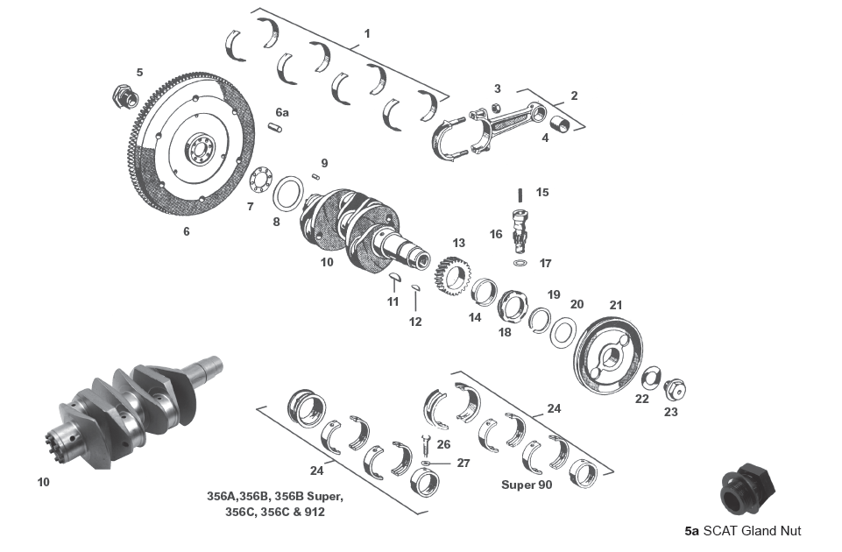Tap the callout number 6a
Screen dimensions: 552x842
[281, 112]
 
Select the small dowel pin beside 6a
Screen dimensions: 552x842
[275, 129]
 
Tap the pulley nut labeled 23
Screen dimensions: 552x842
[676, 388]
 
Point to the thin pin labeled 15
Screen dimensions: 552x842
[520, 195]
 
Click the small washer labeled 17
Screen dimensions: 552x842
[520, 262]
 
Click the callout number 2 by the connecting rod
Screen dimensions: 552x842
[574, 96]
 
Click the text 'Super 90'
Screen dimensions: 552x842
[526, 484]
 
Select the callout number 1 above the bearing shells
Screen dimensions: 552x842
[367, 33]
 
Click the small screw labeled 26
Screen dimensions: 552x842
[425, 444]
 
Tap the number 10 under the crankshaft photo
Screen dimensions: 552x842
[44, 482]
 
